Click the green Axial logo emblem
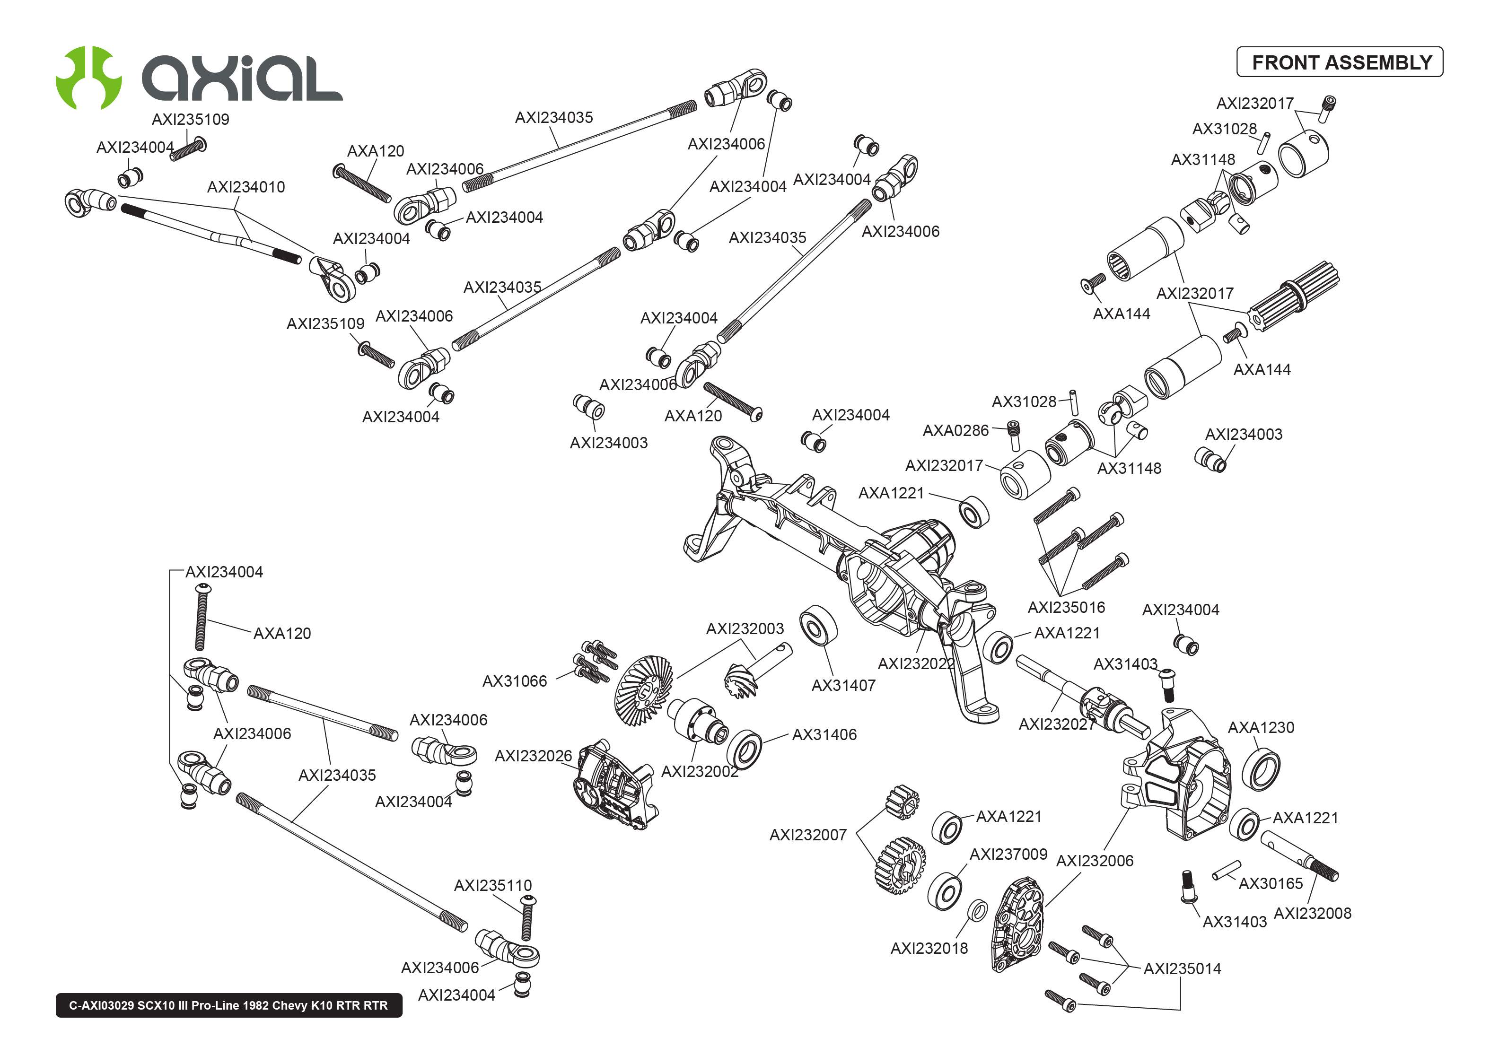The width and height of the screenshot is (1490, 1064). [88, 77]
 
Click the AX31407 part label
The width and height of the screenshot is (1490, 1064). [843, 685]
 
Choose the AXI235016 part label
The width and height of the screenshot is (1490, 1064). [1066, 607]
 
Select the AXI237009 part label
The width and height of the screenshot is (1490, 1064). [1008, 855]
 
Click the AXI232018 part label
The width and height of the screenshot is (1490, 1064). [929, 948]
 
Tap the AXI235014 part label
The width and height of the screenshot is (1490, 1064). [1182, 968]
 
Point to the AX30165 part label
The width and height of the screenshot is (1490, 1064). [1270, 883]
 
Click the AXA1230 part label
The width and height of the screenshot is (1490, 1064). [1261, 727]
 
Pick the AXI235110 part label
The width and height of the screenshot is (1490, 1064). [493, 886]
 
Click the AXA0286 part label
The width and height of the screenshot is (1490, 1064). [955, 430]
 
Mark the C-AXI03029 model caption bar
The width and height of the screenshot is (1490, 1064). [228, 1005]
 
